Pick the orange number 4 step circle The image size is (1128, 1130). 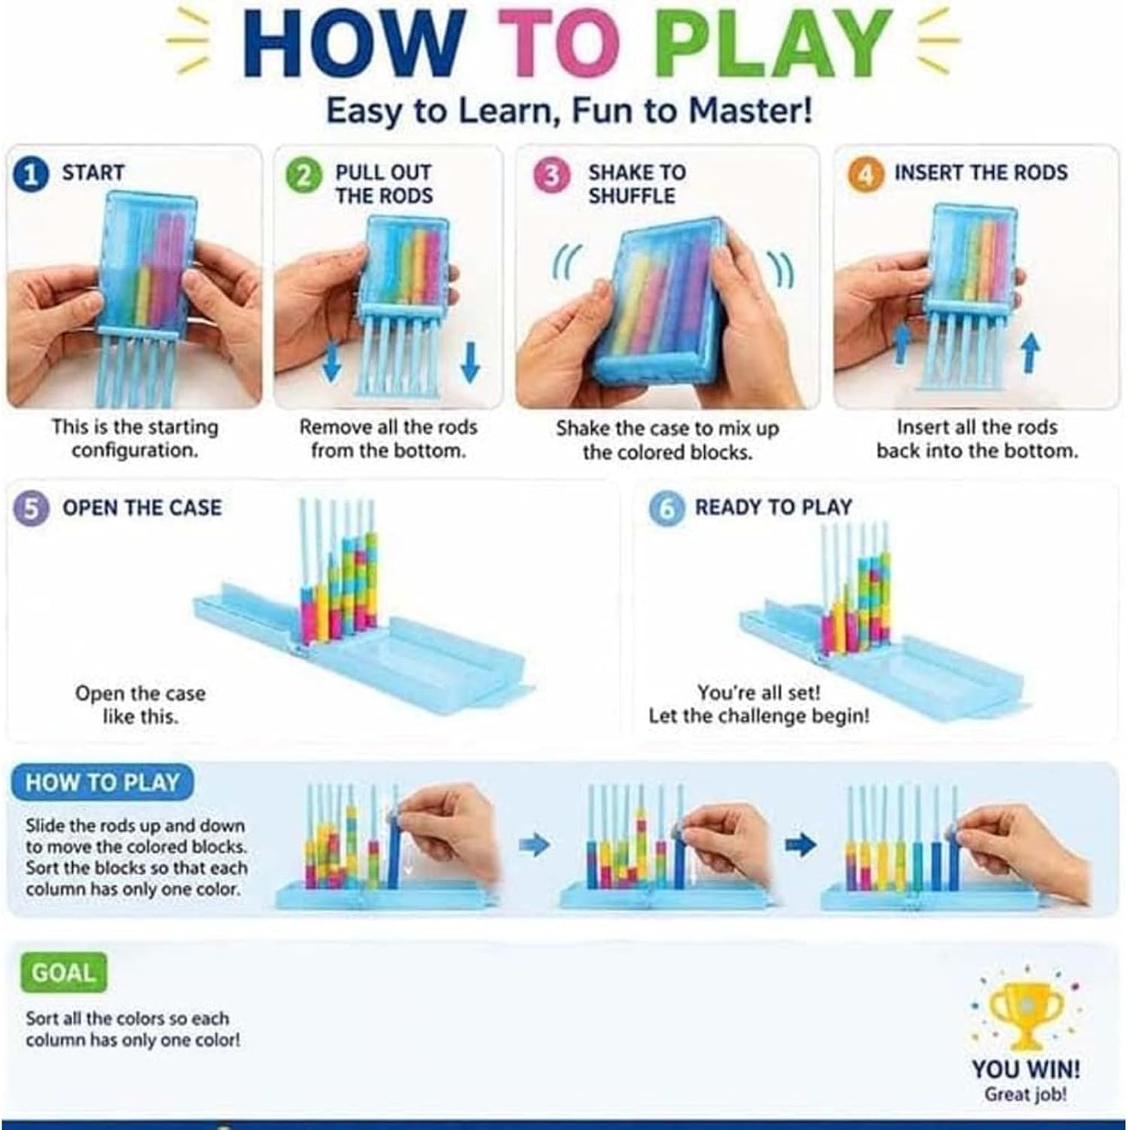coord(865,174)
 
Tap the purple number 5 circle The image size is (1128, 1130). coord(31,508)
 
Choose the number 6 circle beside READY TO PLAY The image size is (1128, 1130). coord(666,509)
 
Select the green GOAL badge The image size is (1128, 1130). coord(63,973)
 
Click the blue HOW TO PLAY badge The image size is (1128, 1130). coord(102,783)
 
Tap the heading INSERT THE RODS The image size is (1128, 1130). coord(980,173)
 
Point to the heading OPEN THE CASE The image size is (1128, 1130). coord(142,508)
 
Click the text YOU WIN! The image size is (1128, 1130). coord(1025,1069)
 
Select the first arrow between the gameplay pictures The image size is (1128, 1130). coord(535,845)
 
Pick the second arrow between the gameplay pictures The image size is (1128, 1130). coord(801,845)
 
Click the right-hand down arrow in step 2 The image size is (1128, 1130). coord(470,361)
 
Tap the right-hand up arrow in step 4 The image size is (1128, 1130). coord(1031,352)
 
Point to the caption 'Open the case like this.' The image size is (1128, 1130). coord(140,704)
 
